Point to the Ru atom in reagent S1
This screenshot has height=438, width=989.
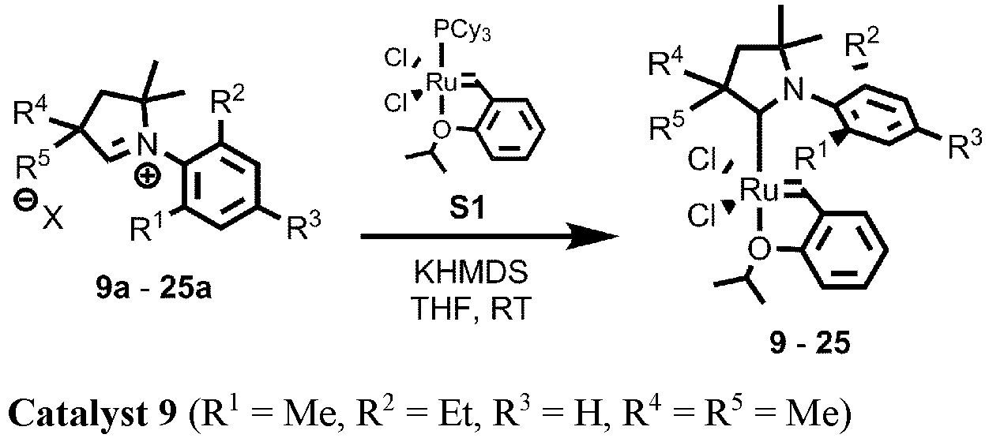tap(439, 80)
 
